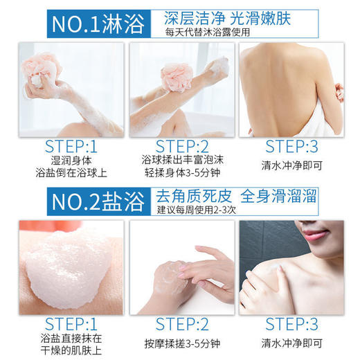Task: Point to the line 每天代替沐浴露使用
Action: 208,32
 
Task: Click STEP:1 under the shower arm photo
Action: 72,146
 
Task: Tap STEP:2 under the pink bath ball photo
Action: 182,146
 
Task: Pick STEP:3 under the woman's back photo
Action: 291,146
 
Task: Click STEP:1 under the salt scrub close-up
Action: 72,323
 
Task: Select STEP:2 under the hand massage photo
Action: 182,323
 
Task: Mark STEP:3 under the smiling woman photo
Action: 291,323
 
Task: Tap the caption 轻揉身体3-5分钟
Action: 182,175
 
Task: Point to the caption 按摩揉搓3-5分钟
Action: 182,341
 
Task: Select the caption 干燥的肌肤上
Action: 72,352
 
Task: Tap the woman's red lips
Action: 313,235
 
